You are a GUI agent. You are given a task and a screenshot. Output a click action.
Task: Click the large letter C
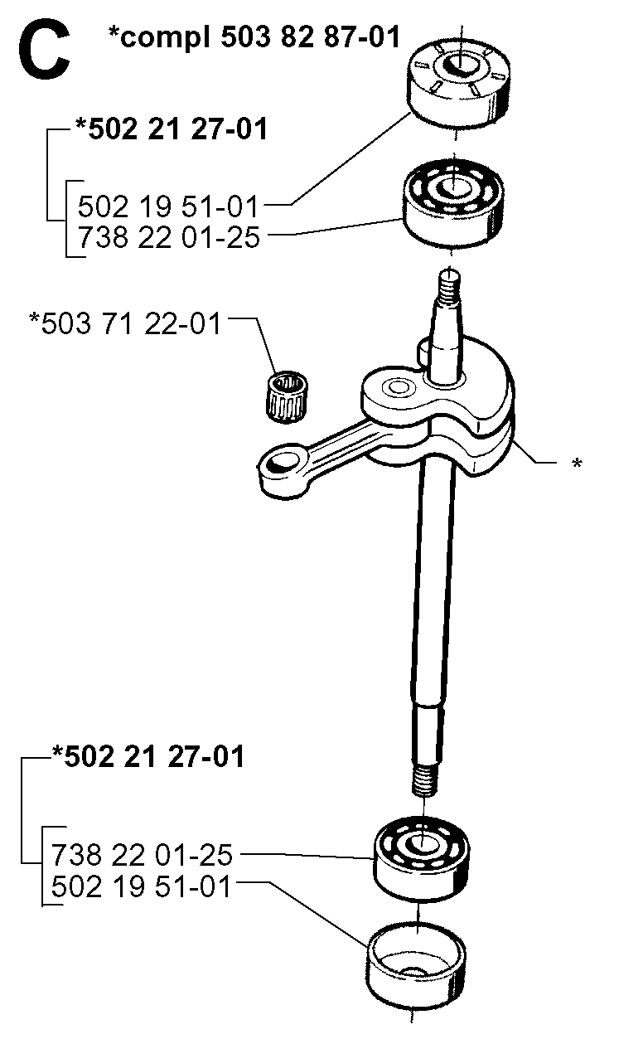(x=44, y=50)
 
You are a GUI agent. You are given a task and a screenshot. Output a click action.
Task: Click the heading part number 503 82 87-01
(x=310, y=36)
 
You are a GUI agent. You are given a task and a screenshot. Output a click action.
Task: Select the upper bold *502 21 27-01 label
(x=171, y=129)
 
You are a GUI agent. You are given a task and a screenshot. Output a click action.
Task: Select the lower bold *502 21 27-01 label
(x=147, y=757)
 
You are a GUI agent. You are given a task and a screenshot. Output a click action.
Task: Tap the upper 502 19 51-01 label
(x=168, y=206)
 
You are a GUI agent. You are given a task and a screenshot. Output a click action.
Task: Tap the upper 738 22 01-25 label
(x=169, y=237)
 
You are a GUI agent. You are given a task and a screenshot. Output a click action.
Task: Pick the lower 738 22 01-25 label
(x=142, y=855)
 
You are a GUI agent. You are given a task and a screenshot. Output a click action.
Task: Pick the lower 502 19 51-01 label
(x=141, y=887)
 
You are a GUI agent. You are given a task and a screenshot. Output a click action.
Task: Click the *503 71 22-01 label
(x=125, y=323)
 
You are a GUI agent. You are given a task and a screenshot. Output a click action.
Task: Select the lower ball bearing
(x=421, y=861)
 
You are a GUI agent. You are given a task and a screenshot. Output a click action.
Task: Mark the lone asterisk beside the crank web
(x=577, y=463)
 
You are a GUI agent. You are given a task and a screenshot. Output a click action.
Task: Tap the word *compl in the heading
(x=158, y=38)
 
